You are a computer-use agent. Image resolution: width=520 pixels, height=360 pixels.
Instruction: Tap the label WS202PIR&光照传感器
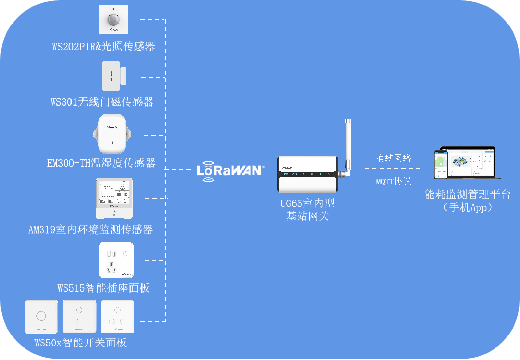[103, 47]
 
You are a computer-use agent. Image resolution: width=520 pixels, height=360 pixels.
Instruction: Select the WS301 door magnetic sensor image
[114, 76]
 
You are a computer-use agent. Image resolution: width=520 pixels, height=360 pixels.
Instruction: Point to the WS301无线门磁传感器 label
[102, 102]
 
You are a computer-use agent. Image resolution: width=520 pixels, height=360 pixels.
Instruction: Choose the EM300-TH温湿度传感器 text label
[101, 163]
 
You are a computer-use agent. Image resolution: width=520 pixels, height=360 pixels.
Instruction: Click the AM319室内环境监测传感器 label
[91, 229]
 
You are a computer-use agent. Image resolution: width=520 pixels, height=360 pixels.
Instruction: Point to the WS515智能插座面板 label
[104, 288]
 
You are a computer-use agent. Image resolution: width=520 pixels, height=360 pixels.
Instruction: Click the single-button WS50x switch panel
[41, 317]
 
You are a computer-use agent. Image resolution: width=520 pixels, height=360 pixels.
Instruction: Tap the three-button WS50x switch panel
[117, 317]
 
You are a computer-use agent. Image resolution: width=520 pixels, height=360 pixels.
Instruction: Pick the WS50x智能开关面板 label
[81, 343]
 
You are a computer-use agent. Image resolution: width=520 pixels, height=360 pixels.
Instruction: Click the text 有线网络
[394, 158]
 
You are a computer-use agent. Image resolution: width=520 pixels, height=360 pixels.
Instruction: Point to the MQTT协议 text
[394, 182]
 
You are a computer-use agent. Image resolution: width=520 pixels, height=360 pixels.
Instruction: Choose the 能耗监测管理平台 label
[467, 195]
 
